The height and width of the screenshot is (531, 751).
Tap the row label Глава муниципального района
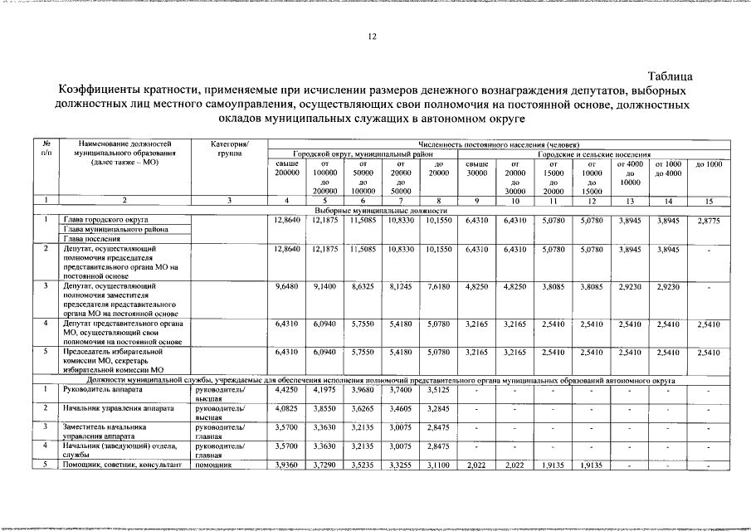(110, 229)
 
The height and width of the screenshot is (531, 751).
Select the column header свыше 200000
(286, 168)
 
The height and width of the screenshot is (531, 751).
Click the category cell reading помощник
(212, 465)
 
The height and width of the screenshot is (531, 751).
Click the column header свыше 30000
(476, 168)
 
